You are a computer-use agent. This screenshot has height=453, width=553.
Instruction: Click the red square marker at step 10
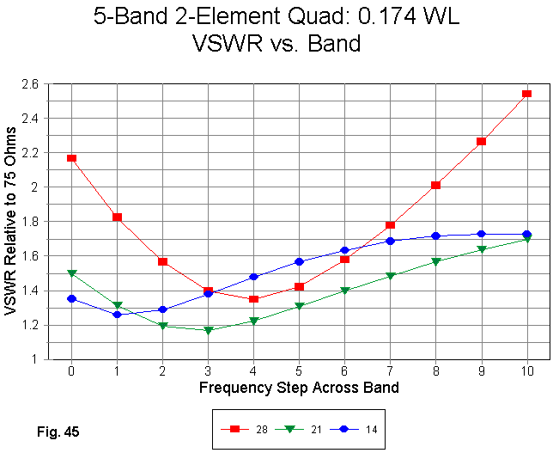coord(526,94)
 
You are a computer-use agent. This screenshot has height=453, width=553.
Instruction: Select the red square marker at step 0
coord(71,158)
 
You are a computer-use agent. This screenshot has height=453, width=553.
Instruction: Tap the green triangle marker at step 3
coord(208,330)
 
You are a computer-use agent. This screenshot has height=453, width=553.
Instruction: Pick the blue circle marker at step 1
coord(117,315)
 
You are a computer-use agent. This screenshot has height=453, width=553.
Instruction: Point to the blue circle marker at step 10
coord(526,234)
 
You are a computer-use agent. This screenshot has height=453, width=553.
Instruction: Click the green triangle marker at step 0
coord(71,273)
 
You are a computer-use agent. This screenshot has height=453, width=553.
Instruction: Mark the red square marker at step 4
coord(253,299)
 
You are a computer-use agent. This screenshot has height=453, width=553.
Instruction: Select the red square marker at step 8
coord(435,185)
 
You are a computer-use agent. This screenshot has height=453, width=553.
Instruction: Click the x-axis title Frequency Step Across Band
coord(299,388)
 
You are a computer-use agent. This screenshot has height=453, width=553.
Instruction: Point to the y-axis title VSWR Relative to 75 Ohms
coord(12,222)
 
